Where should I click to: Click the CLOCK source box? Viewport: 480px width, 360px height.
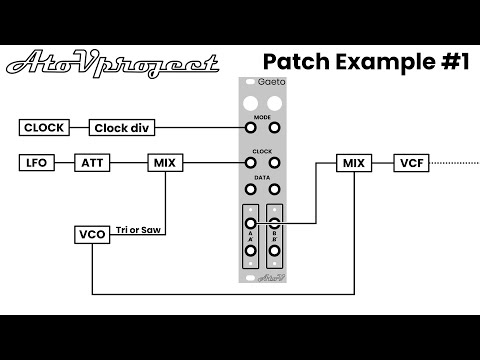click(x=44, y=127)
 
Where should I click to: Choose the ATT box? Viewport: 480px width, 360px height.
click(x=94, y=161)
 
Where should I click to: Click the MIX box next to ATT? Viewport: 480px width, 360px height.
click(x=164, y=161)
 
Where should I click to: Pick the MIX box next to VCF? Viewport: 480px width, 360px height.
click(x=353, y=162)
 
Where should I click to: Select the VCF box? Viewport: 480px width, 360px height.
click(x=412, y=162)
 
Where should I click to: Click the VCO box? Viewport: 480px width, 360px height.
click(x=91, y=235)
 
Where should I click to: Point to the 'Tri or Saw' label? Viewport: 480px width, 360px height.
click(x=139, y=229)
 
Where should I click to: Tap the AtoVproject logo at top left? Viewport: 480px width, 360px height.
click(x=112, y=65)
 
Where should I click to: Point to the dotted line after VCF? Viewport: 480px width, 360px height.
click(x=455, y=162)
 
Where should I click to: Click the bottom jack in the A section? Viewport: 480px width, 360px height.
click(x=249, y=252)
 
